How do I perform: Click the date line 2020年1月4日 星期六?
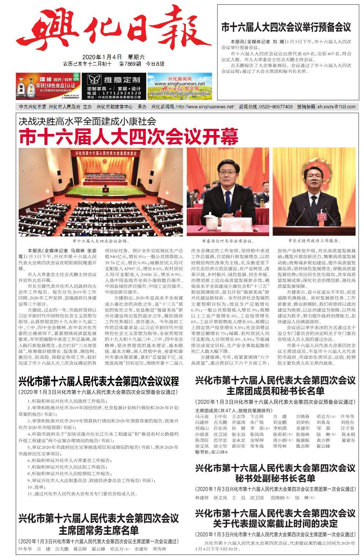click(113, 57)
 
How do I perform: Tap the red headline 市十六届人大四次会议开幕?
click(129, 137)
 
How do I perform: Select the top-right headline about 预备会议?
click(286, 27)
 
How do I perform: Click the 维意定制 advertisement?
click(114, 86)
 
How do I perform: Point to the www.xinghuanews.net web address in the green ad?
click(179, 84)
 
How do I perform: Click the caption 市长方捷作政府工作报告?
click(314, 241)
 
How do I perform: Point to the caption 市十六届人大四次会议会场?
click(101, 241)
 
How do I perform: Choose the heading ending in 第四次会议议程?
click(99, 382)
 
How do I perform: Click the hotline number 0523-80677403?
click(275, 107)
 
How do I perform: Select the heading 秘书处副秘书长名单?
click(275, 478)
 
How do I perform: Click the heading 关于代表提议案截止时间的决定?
click(275, 523)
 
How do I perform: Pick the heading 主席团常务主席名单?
click(99, 530)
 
